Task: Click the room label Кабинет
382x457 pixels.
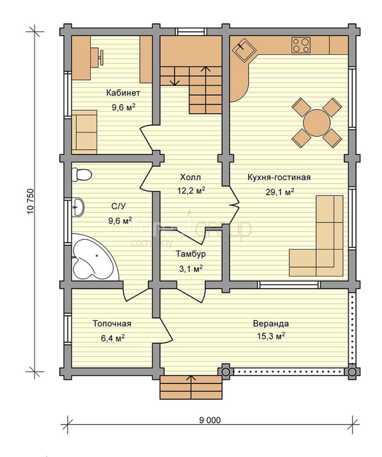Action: [123, 93]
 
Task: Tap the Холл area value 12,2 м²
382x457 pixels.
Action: [191, 190]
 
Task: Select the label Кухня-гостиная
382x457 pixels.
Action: [279, 177]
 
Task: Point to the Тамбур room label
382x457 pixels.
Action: [191, 254]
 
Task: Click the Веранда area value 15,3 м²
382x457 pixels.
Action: [270, 336]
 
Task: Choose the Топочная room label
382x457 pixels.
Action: [112, 323]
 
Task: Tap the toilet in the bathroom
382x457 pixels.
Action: [82, 175]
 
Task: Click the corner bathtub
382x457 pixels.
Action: [95, 257]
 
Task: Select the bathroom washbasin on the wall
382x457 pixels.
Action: [78, 207]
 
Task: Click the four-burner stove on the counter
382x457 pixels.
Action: [301, 45]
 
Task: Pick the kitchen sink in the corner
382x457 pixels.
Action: [244, 50]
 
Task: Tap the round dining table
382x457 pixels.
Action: [317, 122]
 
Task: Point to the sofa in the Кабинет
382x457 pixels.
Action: [84, 132]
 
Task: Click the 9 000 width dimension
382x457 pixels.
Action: [210, 420]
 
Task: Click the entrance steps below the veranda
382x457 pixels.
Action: [191, 387]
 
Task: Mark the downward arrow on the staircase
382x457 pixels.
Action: [175, 76]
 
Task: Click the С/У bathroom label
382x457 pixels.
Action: [119, 206]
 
